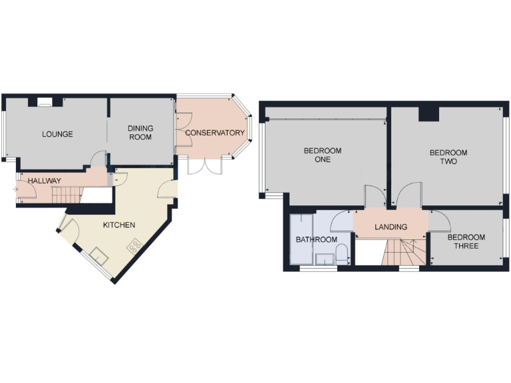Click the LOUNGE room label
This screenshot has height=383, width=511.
(x=57, y=134)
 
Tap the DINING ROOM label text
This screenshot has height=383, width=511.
(x=140, y=133)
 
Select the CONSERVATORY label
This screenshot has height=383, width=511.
(x=214, y=133)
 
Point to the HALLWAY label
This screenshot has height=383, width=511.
(x=44, y=180)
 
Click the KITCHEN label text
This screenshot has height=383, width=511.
(x=119, y=225)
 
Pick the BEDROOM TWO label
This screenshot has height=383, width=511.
(x=448, y=157)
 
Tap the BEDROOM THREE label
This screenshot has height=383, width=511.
(x=466, y=241)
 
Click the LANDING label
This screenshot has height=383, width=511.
(x=391, y=227)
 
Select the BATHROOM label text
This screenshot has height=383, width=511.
(x=316, y=239)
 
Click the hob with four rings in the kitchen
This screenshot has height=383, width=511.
(x=134, y=246)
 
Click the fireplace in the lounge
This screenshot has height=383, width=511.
(x=45, y=102)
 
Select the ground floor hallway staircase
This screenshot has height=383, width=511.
(x=66, y=195)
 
